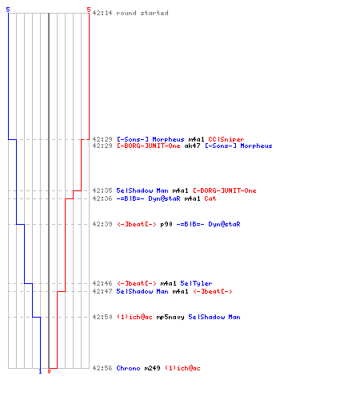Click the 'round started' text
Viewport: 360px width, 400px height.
(x=142, y=13)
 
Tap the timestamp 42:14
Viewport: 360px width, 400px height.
(x=102, y=13)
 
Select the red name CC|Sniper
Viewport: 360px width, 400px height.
(x=226, y=139)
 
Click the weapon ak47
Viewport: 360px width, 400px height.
(x=192, y=146)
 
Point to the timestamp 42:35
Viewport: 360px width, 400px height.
(x=102, y=190)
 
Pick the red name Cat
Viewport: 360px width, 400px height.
(x=210, y=198)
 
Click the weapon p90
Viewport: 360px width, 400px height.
(x=166, y=224)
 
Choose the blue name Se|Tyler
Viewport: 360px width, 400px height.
(x=196, y=283)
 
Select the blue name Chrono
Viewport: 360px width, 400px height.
(x=128, y=368)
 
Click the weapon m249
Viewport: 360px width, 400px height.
(x=153, y=368)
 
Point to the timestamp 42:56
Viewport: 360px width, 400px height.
(x=102, y=368)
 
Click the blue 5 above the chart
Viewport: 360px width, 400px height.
(x=8, y=10)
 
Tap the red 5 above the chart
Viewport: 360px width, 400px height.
(x=89, y=10)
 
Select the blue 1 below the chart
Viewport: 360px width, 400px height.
(x=40, y=371)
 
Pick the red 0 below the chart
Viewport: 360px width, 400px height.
(x=49, y=371)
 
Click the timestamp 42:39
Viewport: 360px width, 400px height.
(x=102, y=224)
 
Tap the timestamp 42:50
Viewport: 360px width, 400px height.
(x=102, y=317)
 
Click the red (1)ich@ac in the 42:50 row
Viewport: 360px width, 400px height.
(x=134, y=317)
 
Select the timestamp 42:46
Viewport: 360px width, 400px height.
(x=102, y=283)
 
